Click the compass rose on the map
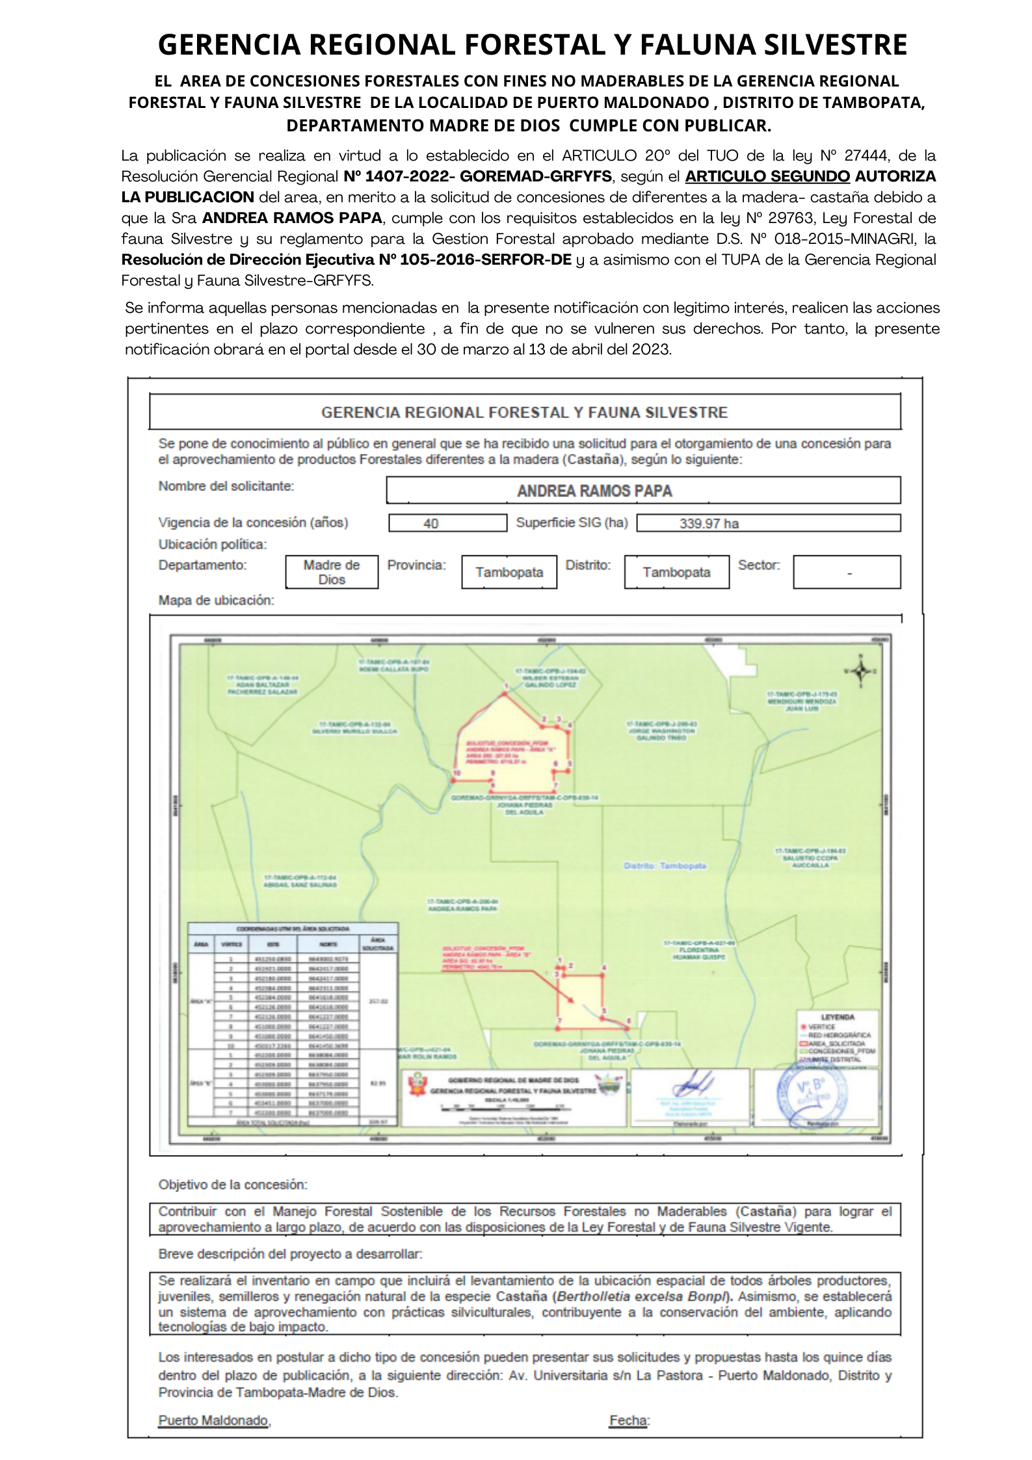(860, 671)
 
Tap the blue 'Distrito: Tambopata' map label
(665, 866)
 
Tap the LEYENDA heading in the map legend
(838, 1016)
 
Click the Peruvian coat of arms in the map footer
(415, 1085)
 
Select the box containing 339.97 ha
(768, 523)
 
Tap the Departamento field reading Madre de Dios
(332, 572)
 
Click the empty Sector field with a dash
(847, 572)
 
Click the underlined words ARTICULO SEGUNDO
(767, 176)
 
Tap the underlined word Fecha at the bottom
(628, 1420)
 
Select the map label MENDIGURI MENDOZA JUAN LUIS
(802, 702)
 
